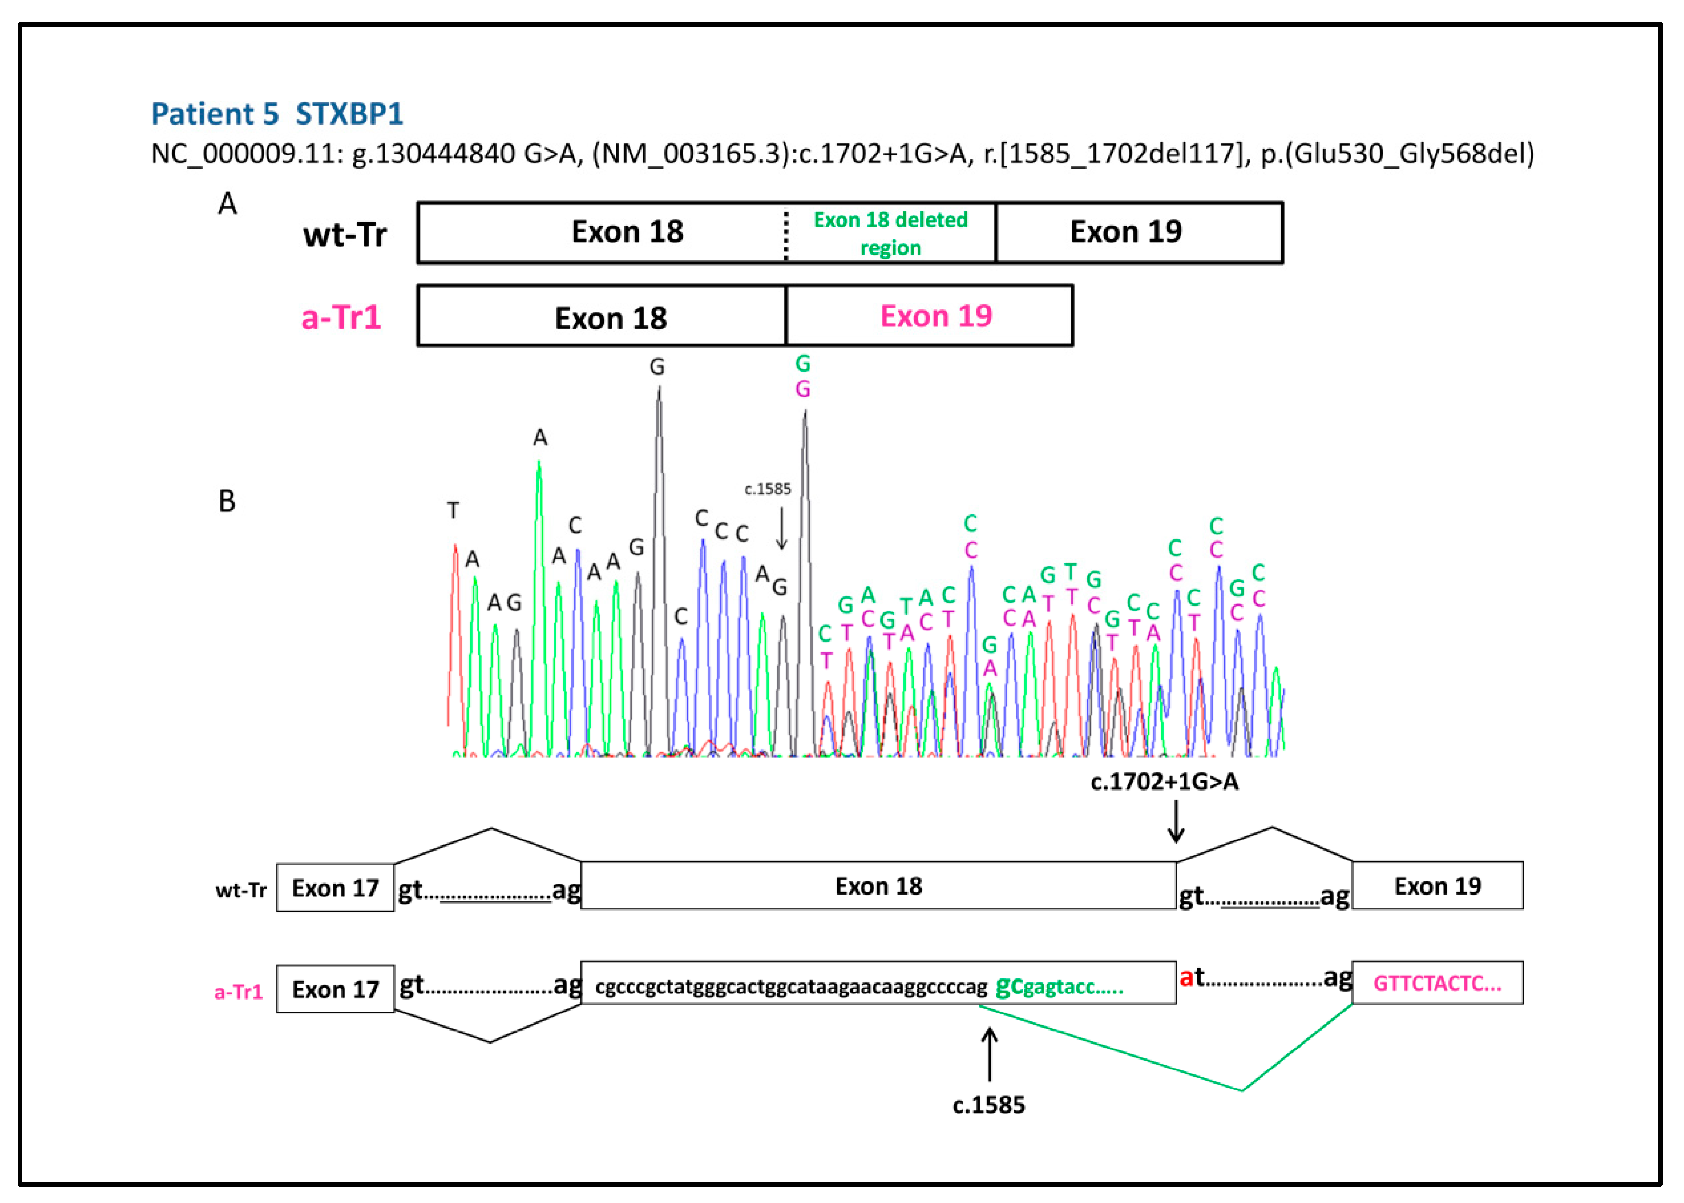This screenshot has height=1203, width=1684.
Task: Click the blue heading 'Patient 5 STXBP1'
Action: pos(277,114)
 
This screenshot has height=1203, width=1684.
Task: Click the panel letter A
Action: pos(228,204)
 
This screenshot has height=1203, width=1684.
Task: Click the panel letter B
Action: pos(227,501)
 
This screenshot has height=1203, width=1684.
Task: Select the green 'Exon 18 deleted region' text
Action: pos(891,233)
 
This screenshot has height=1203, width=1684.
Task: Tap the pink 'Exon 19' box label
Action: pos(936,316)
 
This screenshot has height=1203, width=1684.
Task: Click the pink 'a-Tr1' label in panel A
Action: pos(341,318)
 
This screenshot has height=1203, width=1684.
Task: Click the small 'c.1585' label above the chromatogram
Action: pos(767,489)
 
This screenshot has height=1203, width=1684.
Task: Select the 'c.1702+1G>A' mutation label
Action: pos(1164,782)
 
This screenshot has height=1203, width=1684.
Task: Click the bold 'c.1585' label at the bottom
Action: pos(988,1105)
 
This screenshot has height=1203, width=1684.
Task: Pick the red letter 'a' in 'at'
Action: pos(1186,978)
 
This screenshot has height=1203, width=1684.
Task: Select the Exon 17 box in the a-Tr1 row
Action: pos(335,989)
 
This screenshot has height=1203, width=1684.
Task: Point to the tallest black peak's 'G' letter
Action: pos(657,367)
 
